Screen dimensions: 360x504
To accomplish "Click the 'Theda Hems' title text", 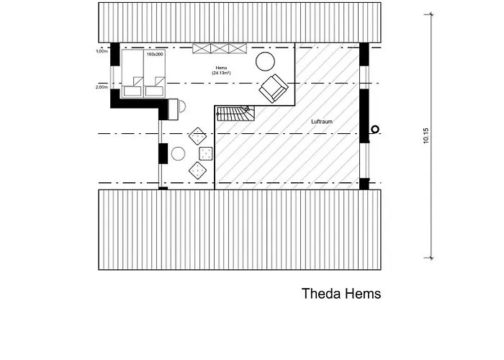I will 341,294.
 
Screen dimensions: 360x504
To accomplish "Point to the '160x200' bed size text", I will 155,55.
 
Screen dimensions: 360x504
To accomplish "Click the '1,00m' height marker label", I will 102,52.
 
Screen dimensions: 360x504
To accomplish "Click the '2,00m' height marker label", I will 102,87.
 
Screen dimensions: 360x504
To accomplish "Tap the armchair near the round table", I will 274,88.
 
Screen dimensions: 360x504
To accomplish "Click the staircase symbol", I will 236,114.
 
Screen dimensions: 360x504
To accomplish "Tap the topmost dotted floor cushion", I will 197,135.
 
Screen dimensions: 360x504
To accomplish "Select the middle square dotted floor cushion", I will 205,153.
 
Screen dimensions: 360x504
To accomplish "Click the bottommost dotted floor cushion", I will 197,170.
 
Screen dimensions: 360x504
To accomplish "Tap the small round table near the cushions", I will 178,153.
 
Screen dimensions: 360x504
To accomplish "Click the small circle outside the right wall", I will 374,130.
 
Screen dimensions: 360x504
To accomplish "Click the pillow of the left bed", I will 133,91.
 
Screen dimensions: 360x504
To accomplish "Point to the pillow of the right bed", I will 154,91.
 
